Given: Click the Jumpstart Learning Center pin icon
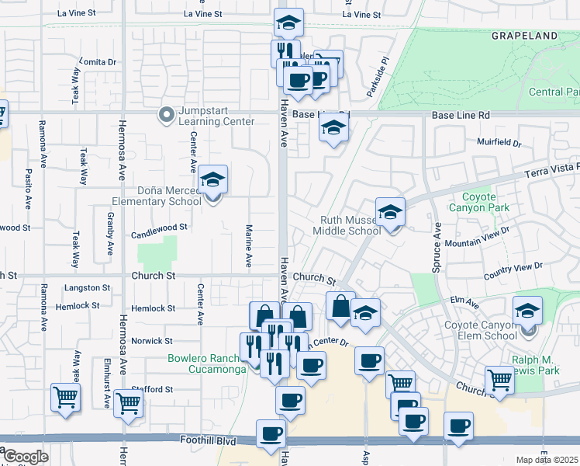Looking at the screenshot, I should [x=166, y=116].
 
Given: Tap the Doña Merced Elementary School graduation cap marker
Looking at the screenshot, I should [x=212, y=181].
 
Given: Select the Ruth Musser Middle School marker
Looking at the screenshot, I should [x=391, y=212].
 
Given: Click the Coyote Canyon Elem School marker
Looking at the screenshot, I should [x=527, y=313].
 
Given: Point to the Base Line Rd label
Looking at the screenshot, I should [x=461, y=115].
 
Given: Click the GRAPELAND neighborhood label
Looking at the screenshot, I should [x=524, y=36].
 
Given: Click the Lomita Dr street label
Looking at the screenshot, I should [x=97, y=62].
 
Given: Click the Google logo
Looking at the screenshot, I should [x=25, y=457].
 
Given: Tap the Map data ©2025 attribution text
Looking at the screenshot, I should [x=547, y=460].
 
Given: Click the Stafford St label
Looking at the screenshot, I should [x=151, y=388].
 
